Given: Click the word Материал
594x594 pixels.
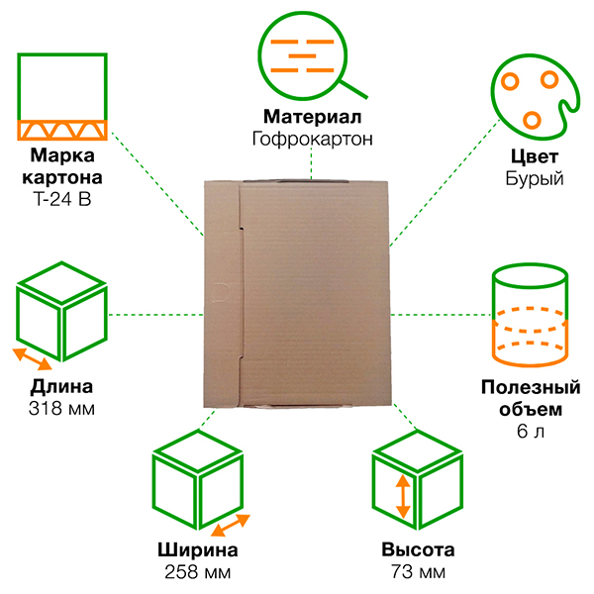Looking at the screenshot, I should [x=312, y=117].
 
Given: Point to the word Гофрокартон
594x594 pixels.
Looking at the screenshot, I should [x=312, y=139].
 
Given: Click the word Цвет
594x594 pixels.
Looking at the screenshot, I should [x=534, y=158].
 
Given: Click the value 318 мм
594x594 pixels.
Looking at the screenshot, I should [x=62, y=408].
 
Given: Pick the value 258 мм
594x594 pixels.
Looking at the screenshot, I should [x=198, y=572].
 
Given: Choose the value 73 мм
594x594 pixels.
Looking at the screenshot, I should [x=418, y=572].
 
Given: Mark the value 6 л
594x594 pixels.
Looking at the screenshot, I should [x=531, y=431].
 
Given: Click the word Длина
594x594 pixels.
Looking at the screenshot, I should [x=62, y=387].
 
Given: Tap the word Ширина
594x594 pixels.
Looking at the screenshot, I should [x=198, y=551].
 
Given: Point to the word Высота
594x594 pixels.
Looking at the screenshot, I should [x=418, y=551].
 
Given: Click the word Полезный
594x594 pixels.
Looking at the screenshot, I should [x=531, y=387].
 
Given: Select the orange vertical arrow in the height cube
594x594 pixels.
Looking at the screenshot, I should [x=402, y=496].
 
